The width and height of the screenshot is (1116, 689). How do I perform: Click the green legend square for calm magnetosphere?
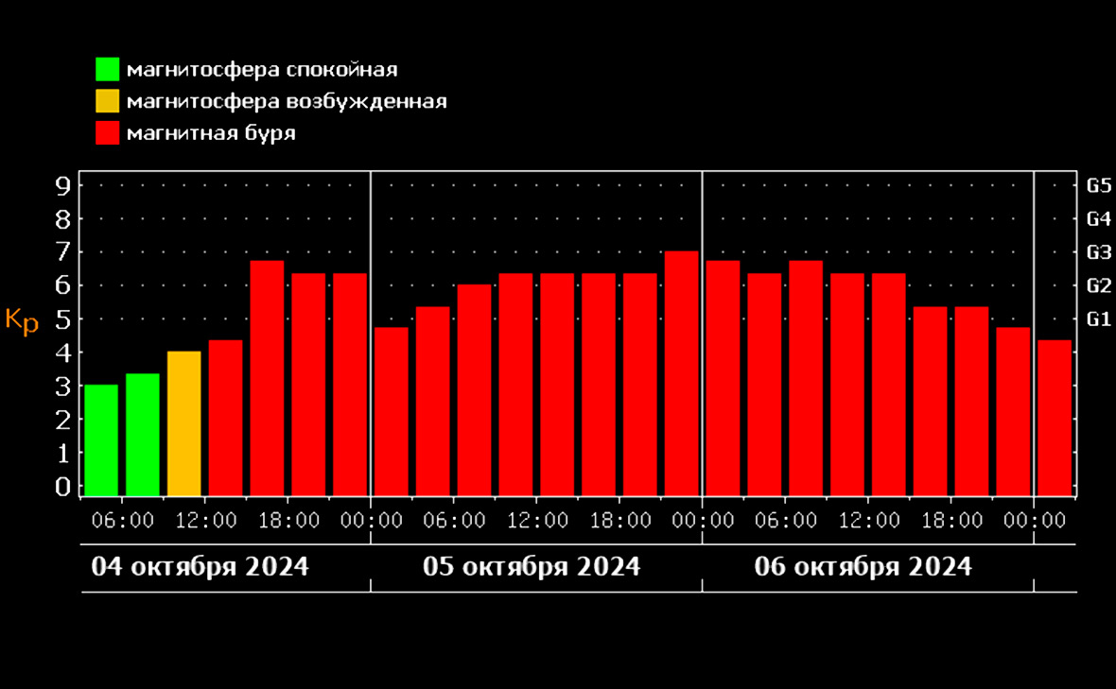(107, 70)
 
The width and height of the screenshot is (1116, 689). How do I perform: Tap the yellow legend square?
(107, 101)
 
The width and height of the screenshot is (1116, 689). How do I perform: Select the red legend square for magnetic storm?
(107, 133)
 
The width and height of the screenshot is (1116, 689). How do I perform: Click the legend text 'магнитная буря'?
(211, 133)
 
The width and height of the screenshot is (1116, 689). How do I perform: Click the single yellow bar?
(183, 423)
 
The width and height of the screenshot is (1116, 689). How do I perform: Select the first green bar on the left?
(101, 439)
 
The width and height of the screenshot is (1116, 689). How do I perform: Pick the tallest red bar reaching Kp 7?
(681, 372)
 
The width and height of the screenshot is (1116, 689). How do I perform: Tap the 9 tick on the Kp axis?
(63, 185)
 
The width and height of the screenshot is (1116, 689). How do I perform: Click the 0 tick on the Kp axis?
(63, 486)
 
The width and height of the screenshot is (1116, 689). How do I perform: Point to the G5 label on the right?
(1097, 185)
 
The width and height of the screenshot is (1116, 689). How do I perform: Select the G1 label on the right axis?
(1097, 319)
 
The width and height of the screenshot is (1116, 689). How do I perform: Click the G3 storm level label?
(1097, 252)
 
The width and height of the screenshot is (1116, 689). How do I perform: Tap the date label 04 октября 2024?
(200, 567)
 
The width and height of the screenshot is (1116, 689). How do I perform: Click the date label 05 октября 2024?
(532, 567)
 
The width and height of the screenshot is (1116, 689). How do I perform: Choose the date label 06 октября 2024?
(863, 567)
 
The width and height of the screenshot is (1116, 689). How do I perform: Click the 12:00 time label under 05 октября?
(538, 521)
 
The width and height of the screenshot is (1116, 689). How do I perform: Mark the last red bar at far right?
(1055, 417)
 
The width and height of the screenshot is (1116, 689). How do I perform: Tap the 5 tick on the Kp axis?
(63, 319)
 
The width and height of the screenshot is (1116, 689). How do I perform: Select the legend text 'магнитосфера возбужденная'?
(286, 101)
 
